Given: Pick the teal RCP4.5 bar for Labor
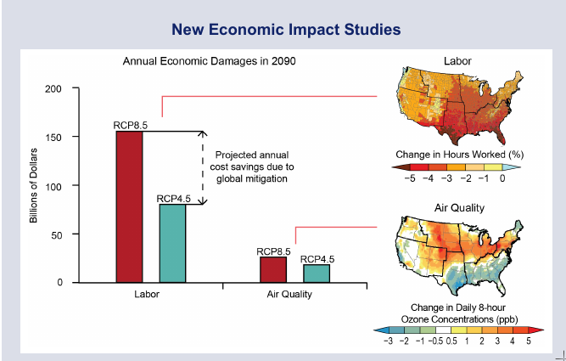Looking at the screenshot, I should coord(172,243).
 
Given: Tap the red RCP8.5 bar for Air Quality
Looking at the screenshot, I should coord(273,269).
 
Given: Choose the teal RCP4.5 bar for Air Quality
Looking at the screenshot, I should coord(317,273).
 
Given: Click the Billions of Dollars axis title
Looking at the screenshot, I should coord(35,185).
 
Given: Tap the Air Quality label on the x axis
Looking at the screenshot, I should coord(289,295).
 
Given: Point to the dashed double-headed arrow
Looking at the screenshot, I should coord(202,168).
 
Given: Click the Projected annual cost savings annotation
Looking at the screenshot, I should coord(252,166).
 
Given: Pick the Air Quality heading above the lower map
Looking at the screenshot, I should coord(459,207).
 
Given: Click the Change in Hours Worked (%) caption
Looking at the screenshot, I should coord(457,155).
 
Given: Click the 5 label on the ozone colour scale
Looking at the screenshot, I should coord(528,340).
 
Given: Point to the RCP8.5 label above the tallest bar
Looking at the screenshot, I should coord(131,125).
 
